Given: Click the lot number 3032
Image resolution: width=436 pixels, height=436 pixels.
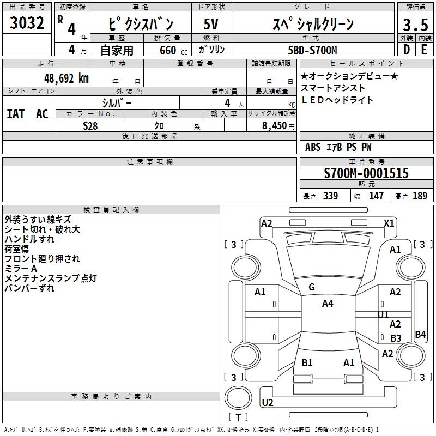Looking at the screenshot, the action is pyautogui.click(x=27, y=23).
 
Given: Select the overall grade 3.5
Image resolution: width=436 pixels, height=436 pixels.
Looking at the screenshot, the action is pyautogui.click(x=415, y=25).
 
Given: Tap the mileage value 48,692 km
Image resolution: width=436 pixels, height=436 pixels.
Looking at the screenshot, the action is pyautogui.click(x=66, y=78).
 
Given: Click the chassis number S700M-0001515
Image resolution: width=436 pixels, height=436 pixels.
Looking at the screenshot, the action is pyautogui.click(x=366, y=173).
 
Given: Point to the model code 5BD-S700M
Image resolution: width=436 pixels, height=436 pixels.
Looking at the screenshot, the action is pyautogui.click(x=312, y=50).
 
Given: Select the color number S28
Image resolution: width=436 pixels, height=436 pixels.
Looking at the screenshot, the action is pyautogui.click(x=90, y=126).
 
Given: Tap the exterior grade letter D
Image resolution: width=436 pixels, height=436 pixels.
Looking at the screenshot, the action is pyautogui.click(x=407, y=50).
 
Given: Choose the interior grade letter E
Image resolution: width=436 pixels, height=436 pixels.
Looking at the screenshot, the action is pyautogui.click(x=424, y=50).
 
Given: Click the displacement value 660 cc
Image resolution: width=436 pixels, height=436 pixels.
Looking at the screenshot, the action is pyautogui.click(x=173, y=51).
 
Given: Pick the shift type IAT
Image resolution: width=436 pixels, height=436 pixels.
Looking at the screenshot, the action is pyautogui.click(x=16, y=114).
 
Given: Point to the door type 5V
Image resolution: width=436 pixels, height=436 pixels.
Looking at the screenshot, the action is pyautogui.click(x=211, y=24).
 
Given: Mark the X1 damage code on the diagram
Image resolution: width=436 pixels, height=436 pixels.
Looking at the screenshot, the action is pyautogui.click(x=389, y=223).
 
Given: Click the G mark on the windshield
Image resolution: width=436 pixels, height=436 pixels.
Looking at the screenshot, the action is pyautogui.click(x=312, y=287).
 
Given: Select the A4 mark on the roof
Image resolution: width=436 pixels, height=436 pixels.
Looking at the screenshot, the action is pyautogui.click(x=328, y=304).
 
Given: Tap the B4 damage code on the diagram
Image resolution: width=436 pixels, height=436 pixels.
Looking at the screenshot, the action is pyautogui.click(x=420, y=335).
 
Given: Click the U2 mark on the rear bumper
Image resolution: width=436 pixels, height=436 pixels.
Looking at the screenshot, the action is pyautogui.click(x=268, y=402).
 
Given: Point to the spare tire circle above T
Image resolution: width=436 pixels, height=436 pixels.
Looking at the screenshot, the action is pyautogui.click(x=238, y=398).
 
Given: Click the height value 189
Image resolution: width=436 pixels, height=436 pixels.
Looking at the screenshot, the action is pyautogui.click(x=420, y=196).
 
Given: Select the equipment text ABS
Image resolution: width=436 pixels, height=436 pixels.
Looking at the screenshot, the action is pyautogui.click(x=313, y=147).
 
